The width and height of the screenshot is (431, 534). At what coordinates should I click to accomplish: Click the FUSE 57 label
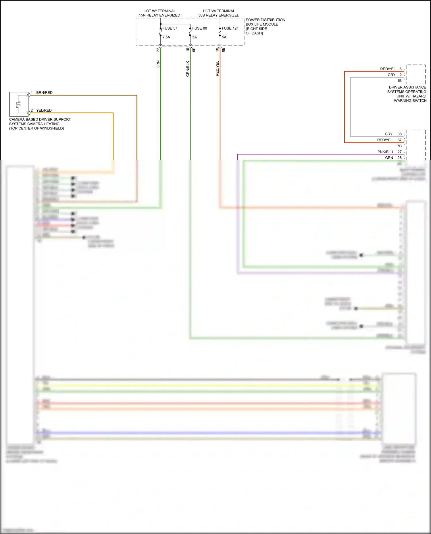(x=170, y=28)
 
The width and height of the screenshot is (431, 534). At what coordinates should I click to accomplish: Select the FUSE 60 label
(x=199, y=28)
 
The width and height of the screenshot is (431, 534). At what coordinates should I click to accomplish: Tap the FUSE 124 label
(x=230, y=28)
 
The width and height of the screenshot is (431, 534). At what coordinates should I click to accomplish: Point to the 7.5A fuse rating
(x=166, y=37)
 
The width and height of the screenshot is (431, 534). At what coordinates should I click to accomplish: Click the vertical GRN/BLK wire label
(x=188, y=69)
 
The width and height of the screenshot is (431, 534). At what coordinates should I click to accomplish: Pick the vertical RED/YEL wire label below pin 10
(x=217, y=69)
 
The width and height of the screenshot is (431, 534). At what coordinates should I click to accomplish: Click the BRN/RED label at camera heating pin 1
(x=44, y=93)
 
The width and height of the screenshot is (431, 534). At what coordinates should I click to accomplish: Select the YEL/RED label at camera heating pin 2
(x=44, y=110)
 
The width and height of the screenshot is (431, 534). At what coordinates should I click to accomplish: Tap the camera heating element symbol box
(x=19, y=104)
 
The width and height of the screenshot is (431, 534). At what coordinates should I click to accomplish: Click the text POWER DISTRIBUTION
(x=265, y=20)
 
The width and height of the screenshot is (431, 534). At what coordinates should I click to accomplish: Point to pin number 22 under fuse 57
(x=158, y=50)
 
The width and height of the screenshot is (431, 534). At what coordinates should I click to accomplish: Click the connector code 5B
(x=194, y=50)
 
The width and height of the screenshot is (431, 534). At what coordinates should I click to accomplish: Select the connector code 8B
(x=224, y=50)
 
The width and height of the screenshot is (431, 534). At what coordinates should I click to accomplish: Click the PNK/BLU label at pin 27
(x=385, y=152)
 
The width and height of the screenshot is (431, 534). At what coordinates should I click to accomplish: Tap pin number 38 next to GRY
(x=399, y=134)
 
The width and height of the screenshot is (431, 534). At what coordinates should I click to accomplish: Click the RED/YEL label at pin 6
(x=388, y=69)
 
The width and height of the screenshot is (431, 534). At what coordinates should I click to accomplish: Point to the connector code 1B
(x=399, y=81)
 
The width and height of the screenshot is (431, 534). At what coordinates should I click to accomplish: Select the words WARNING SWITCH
(x=410, y=101)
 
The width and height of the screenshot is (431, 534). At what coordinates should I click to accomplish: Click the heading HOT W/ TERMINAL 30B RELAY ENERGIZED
(x=219, y=13)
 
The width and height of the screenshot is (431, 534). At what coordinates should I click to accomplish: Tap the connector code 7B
(x=399, y=146)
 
